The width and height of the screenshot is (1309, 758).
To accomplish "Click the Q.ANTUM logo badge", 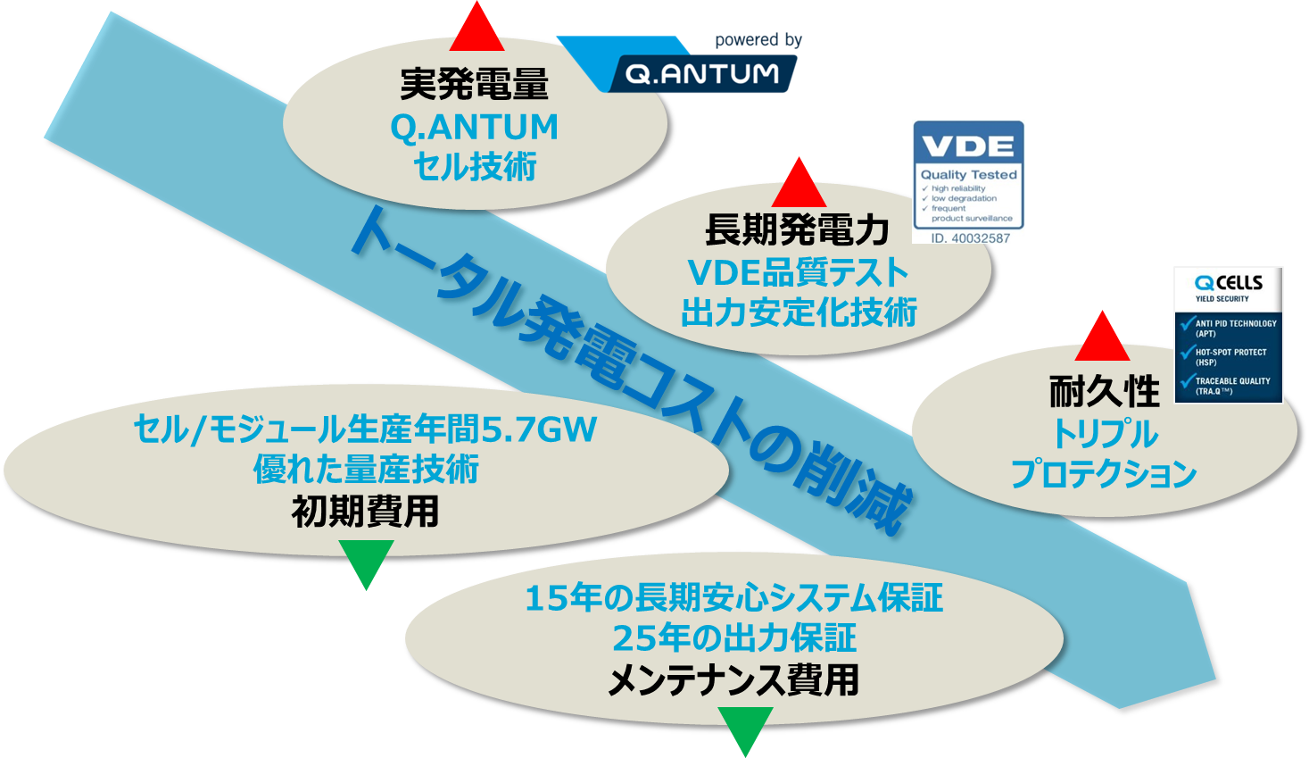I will pyautogui.click(x=701, y=73).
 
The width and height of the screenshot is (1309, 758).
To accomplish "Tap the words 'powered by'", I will pyautogui.click(x=758, y=40).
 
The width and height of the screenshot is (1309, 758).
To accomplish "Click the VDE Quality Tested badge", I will pyautogui.click(x=968, y=180).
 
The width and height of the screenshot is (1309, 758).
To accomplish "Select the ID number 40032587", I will pyautogui.click(x=970, y=237).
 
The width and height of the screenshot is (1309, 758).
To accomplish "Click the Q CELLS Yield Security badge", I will pyautogui.click(x=1228, y=334).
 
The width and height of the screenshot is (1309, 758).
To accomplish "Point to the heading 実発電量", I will pyautogui.click(x=475, y=84).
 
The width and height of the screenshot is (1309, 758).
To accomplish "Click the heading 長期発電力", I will pyautogui.click(x=797, y=230).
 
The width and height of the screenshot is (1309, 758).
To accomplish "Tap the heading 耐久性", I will pyautogui.click(x=1104, y=391).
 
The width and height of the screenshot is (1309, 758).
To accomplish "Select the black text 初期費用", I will pyautogui.click(x=366, y=512).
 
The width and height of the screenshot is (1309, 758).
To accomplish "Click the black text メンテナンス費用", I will pyautogui.click(x=733, y=680).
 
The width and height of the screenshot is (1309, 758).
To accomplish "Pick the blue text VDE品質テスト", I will pyautogui.click(x=798, y=272).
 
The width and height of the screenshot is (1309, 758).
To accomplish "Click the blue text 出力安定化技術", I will pyautogui.click(x=799, y=312).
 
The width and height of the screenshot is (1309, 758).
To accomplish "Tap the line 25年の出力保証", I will pyautogui.click(x=733, y=637).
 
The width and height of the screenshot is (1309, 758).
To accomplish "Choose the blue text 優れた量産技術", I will pyautogui.click(x=366, y=469).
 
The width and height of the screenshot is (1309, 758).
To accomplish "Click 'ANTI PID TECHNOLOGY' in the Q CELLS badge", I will pyautogui.click(x=1235, y=323).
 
